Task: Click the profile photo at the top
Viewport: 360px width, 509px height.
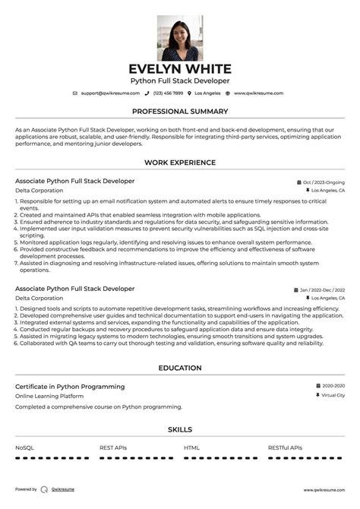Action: [x=180, y=38]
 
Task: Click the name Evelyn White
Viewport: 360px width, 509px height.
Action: [x=180, y=68]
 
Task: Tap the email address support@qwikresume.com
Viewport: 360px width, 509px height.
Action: [x=110, y=93]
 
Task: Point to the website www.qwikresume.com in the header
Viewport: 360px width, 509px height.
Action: [x=258, y=93]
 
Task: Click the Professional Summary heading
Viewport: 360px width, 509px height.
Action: [x=180, y=111]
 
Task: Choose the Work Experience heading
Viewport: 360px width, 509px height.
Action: [x=180, y=163]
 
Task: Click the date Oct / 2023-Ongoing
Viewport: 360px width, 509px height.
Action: [x=324, y=182]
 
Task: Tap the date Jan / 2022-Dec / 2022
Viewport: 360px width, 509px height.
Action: [x=322, y=290]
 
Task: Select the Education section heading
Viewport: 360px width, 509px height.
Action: [x=180, y=368]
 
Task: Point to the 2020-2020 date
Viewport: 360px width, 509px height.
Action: [x=333, y=386]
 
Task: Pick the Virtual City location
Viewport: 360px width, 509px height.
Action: [x=333, y=395]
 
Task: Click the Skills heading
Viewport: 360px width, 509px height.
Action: [x=180, y=430]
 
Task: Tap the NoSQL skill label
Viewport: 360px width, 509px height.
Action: [x=24, y=448]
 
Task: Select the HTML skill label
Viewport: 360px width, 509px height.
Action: [x=191, y=448]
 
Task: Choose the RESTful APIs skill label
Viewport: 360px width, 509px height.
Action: [x=285, y=448]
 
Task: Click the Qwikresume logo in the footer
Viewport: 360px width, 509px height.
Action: [x=45, y=490]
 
